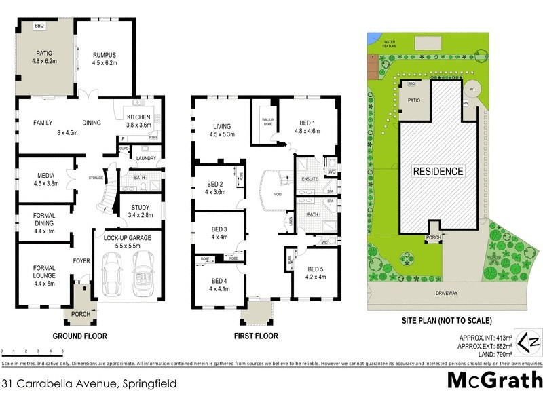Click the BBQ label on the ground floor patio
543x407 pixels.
[x=39, y=26]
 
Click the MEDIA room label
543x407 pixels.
[x=46, y=176]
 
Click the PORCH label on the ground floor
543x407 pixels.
[x=80, y=313]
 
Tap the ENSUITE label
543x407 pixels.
[x=311, y=179]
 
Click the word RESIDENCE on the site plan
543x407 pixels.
[x=438, y=172]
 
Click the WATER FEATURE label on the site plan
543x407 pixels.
[x=390, y=44]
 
